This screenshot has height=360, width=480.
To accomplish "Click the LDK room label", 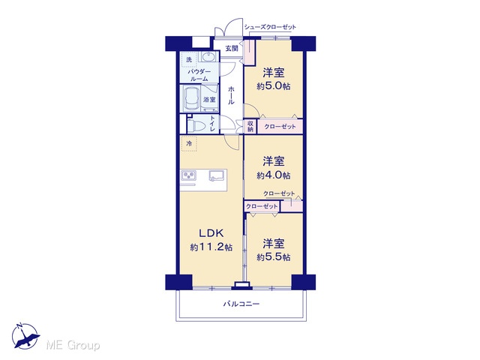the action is (211, 233).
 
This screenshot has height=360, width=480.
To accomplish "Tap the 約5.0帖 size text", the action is (273, 86).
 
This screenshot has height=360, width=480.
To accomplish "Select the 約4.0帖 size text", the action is (273, 175).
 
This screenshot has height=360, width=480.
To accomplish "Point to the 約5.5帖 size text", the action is (273, 257).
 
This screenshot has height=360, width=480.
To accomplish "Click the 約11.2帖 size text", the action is (211, 247).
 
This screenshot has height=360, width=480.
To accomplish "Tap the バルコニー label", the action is (241, 304).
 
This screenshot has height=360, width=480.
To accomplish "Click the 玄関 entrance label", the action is (232, 48).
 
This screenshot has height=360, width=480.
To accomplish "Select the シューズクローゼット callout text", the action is (270, 27).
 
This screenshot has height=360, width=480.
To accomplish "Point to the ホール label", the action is (231, 95).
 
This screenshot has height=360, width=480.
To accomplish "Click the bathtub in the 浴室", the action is (192, 99).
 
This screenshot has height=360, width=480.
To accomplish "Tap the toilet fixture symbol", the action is (196, 125).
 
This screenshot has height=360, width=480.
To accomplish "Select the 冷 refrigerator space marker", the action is (189, 143).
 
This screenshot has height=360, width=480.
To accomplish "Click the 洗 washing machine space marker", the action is (190, 60).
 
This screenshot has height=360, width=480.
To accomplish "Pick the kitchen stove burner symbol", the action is (189, 175).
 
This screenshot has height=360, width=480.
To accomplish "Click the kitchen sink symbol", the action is (217, 175).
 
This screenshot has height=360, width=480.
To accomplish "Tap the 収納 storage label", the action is (250, 127).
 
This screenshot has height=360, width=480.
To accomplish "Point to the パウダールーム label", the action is (199, 75).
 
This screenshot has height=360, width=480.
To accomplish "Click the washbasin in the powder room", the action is (208, 57).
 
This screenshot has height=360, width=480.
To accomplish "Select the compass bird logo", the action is (25, 336).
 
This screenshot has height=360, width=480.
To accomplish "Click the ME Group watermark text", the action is (73, 346).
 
